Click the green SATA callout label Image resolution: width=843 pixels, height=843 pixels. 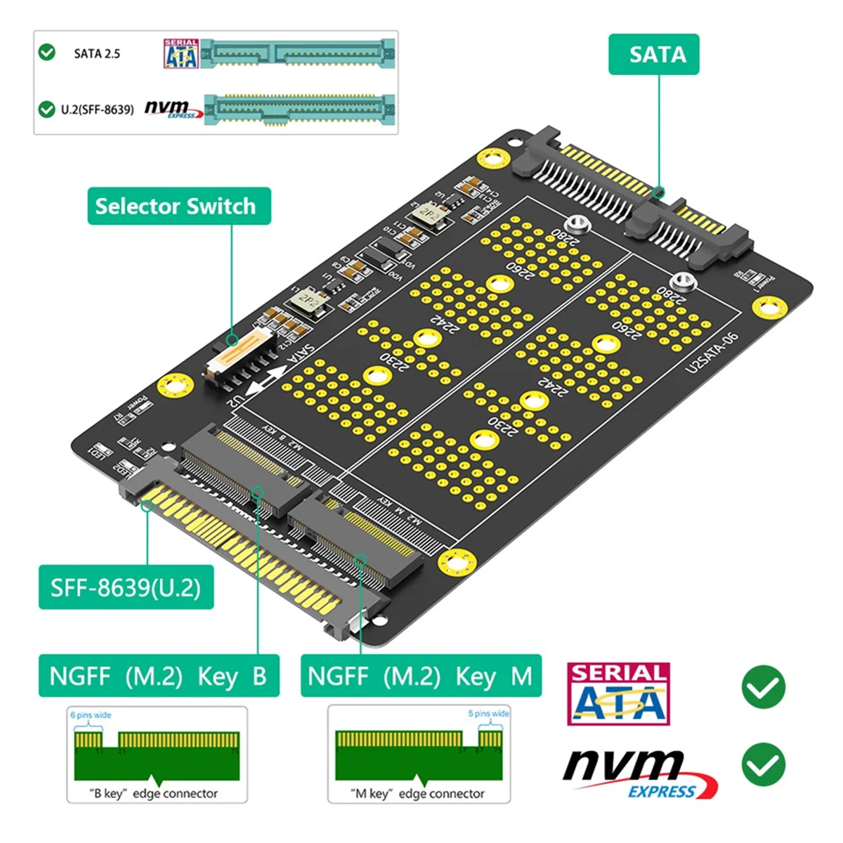click(653, 54)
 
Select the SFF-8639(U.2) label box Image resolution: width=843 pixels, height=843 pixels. click(126, 587)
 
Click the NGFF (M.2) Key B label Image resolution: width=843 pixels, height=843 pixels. click(159, 676)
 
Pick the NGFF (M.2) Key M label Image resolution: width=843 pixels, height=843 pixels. click(420, 676)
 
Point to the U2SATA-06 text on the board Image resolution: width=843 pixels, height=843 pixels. click(712, 352)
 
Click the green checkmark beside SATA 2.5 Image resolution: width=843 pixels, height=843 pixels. click(47, 53)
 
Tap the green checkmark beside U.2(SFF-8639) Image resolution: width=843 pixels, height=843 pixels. click(47, 109)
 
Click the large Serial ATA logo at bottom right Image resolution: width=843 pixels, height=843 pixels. click(618, 693)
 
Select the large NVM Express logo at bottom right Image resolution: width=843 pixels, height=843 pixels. click(639, 773)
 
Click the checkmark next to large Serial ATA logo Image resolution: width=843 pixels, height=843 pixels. click(763, 688)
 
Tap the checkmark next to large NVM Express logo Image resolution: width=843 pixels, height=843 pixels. click(763, 765)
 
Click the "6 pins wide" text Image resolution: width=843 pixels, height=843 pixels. click(91, 715)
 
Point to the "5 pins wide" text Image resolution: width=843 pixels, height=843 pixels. click(488, 714)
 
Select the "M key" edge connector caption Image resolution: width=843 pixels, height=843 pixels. click(417, 793)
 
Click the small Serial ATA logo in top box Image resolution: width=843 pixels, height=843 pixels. click(181, 54)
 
